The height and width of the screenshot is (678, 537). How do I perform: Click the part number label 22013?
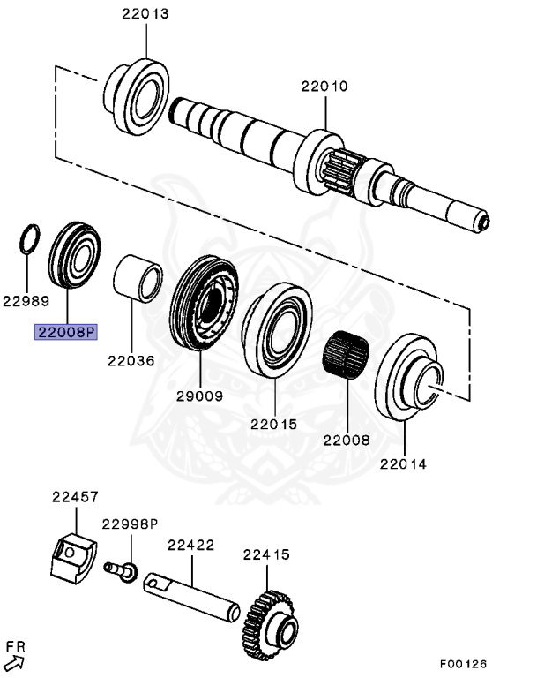145,14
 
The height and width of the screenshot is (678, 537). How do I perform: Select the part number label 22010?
324,87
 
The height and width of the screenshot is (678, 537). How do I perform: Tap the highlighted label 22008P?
66,332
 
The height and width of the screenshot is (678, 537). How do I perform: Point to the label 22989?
25,300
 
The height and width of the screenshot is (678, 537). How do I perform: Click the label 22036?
131,360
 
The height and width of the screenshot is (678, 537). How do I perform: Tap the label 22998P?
129,524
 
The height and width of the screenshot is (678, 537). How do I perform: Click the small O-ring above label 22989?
29,238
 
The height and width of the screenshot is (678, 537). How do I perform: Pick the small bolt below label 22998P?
121,570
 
